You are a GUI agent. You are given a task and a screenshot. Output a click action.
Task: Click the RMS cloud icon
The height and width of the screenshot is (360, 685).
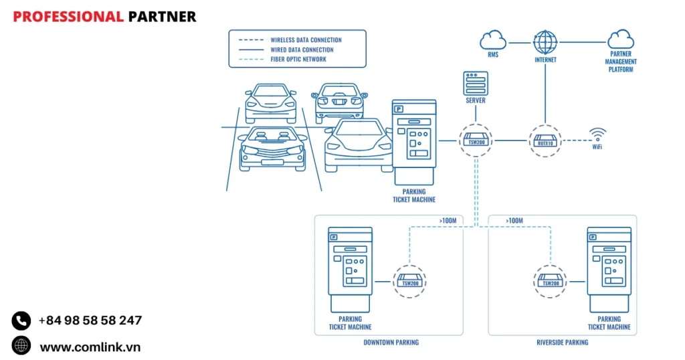[x=492, y=40]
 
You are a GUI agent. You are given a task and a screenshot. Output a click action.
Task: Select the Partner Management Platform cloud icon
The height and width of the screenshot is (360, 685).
[x=621, y=39]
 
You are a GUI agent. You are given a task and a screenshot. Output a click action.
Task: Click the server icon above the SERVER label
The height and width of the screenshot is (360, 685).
[x=475, y=83]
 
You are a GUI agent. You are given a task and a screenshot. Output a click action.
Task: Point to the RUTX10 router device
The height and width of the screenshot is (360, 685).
[x=545, y=141]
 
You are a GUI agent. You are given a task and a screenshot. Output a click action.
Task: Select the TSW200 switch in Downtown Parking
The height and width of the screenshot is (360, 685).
[x=409, y=281]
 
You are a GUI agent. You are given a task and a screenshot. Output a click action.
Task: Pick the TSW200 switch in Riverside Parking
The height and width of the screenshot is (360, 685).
[x=550, y=281]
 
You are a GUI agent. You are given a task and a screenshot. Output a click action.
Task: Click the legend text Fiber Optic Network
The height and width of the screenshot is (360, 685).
[x=298, y=59]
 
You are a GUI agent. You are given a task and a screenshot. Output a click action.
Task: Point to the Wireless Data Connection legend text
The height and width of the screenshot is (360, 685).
[x=306, y=40]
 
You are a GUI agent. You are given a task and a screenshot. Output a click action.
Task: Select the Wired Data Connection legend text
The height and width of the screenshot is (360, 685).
[x=302, y=50]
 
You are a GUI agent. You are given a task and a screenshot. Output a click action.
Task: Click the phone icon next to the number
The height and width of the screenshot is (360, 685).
[x=21, y=321]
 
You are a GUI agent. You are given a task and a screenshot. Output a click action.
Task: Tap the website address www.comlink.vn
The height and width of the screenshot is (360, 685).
[x=90, y=347]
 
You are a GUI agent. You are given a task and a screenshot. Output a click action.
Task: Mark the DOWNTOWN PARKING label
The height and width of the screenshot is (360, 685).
[x=391, y=343]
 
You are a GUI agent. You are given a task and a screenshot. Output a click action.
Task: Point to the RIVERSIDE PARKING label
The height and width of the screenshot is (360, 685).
[x=563, y=343]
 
